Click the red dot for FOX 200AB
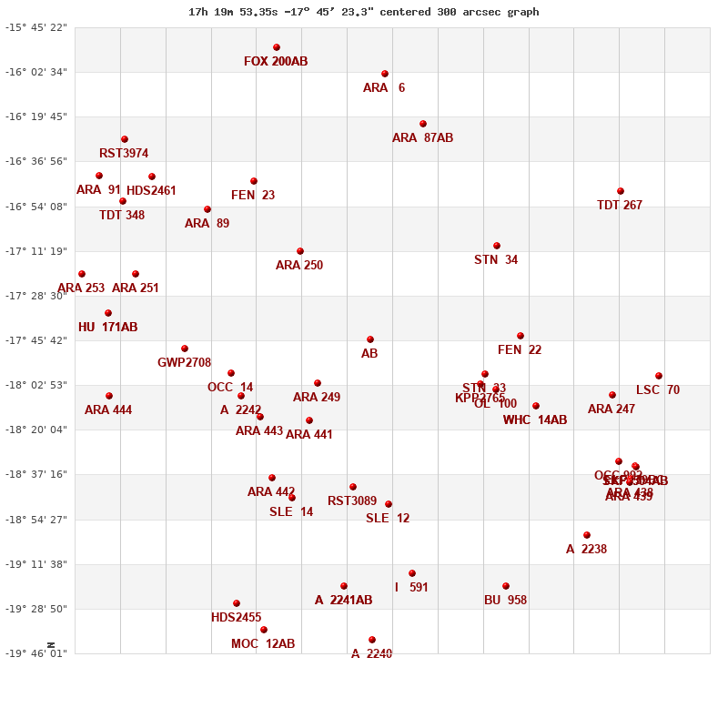pos(277,47)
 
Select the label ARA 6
pos(383,88)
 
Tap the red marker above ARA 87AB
pos(423,124)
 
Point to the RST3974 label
pos(124,154)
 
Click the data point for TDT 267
pos(621,191)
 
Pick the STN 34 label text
pos(496,260)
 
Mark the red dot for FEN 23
pos(254,181)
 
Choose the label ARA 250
pos(299,266)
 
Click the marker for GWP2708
pos(185,349)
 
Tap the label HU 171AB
pos(107,328)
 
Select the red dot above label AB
pos(370,339)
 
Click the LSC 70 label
pos(658,390)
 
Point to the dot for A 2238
pos(587,535)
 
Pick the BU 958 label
pos(505,601)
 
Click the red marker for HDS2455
pos(237,603)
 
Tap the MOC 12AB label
pos(263,644)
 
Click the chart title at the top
pos(364,12)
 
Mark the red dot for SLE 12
pos(389,504)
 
